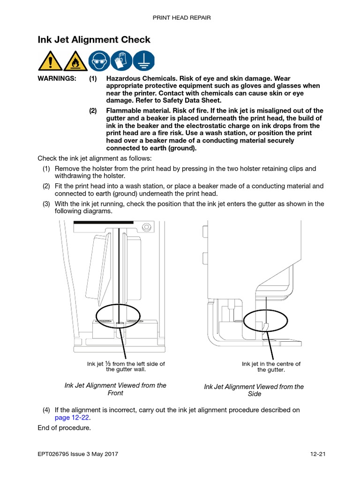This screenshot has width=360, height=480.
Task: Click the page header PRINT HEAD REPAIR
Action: point(181,18)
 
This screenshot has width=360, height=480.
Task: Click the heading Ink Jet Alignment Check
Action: point(94,40)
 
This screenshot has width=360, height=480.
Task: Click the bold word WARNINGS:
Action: point(57,79)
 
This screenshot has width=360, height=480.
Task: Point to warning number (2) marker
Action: point(93,111)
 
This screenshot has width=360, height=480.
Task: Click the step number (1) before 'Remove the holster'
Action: point(46,169)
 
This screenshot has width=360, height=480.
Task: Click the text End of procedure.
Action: point(64,428)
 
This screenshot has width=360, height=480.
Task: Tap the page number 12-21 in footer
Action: point(318,454)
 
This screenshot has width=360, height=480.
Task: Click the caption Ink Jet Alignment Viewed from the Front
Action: point(115,389)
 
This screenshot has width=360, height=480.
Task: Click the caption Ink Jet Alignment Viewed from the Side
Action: point(254,390)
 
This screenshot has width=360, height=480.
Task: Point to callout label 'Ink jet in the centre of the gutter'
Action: point(271,367)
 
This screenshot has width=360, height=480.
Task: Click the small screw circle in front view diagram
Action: point(146,227)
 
